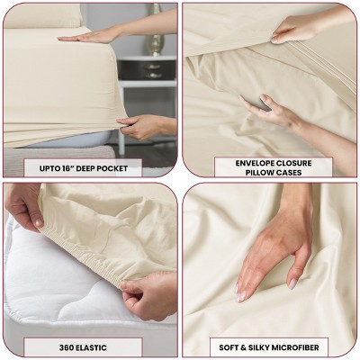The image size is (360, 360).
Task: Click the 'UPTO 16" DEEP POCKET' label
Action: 90,166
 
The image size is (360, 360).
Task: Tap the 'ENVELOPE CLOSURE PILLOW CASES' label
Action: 273,166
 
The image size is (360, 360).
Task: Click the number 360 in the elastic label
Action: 59,345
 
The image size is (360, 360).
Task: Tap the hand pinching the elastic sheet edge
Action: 148,292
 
